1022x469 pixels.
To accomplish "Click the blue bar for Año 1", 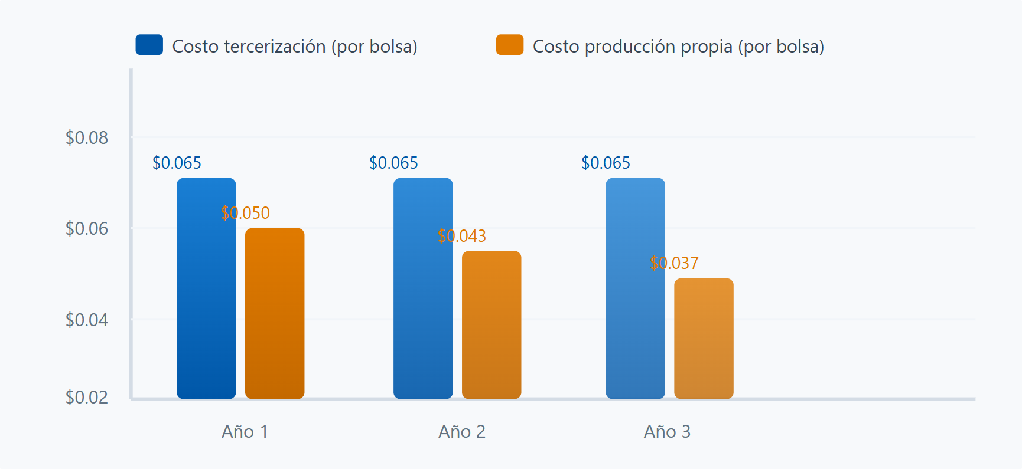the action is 206,288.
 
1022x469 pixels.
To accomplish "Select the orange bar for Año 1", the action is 275,314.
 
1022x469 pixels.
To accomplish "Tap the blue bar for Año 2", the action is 423,288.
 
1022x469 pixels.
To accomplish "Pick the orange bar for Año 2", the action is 492,325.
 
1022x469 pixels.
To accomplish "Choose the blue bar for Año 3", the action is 635,288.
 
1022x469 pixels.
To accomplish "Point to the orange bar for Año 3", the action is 704,339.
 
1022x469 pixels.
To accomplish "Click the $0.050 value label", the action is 245,213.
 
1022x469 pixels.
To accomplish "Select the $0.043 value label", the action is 462,236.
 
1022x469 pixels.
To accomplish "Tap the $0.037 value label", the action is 674,263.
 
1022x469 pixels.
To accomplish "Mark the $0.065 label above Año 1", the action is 177,163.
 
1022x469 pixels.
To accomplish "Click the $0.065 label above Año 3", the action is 606,163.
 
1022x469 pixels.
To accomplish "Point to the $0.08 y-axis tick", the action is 87,137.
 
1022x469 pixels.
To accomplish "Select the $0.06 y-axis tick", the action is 87,228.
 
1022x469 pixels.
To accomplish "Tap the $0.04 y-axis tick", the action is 87,320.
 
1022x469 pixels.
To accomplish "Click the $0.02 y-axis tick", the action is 87,397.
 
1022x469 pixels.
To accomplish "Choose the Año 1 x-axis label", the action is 245,432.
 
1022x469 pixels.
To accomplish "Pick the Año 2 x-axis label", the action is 462,432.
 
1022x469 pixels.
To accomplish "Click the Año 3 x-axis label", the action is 668,432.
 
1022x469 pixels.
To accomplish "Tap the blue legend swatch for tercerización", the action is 149,45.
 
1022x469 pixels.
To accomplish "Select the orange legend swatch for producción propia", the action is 510,45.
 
